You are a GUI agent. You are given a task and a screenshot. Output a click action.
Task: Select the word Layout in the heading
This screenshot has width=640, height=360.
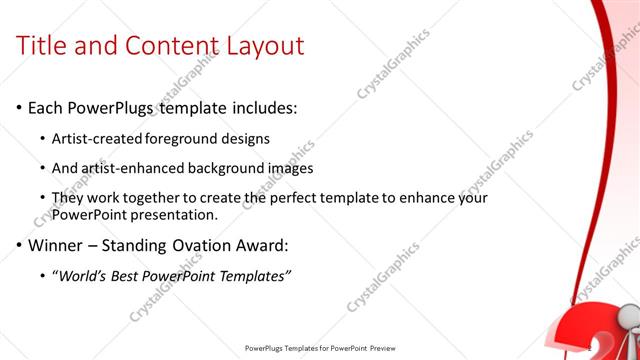(x=262, y=46)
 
